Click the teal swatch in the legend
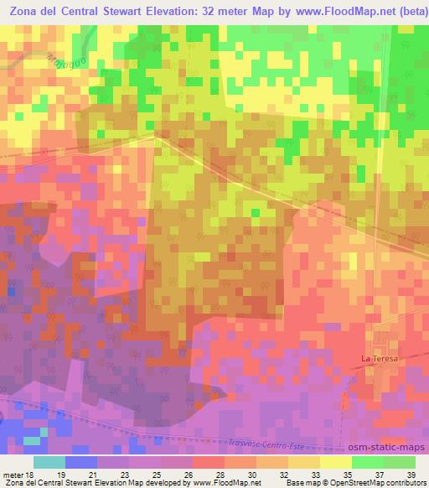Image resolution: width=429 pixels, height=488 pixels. point(49,462)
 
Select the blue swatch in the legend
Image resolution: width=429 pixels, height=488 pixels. point(81,462)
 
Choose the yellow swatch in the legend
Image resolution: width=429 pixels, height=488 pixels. point(336,462)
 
